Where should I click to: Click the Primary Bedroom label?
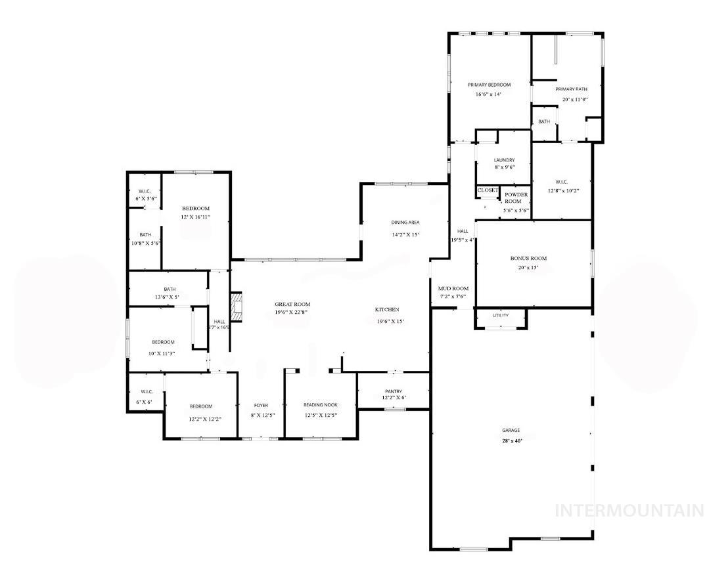pos(489,85)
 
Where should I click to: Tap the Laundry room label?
pos(504,160)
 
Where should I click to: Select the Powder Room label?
pos(516,198)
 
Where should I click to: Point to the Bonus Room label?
pos(528,259)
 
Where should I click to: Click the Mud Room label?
pos(453,289)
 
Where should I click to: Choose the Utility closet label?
pos(501,316)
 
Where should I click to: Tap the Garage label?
pos(511,431)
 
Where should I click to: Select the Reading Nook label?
pos(320,406)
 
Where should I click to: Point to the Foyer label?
pos(261,406)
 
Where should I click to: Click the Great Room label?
pos(292,305)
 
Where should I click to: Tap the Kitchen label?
pos(387,310)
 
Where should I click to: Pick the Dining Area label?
pos(405,223)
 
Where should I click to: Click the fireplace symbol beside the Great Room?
pos(236,307)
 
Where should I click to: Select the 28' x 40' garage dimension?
pos(511,441)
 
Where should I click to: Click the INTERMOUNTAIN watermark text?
pos(629,510)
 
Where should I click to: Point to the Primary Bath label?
pos(571,89)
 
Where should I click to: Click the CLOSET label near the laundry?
pos(488,190)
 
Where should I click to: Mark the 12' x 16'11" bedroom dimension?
pos(196,217)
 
